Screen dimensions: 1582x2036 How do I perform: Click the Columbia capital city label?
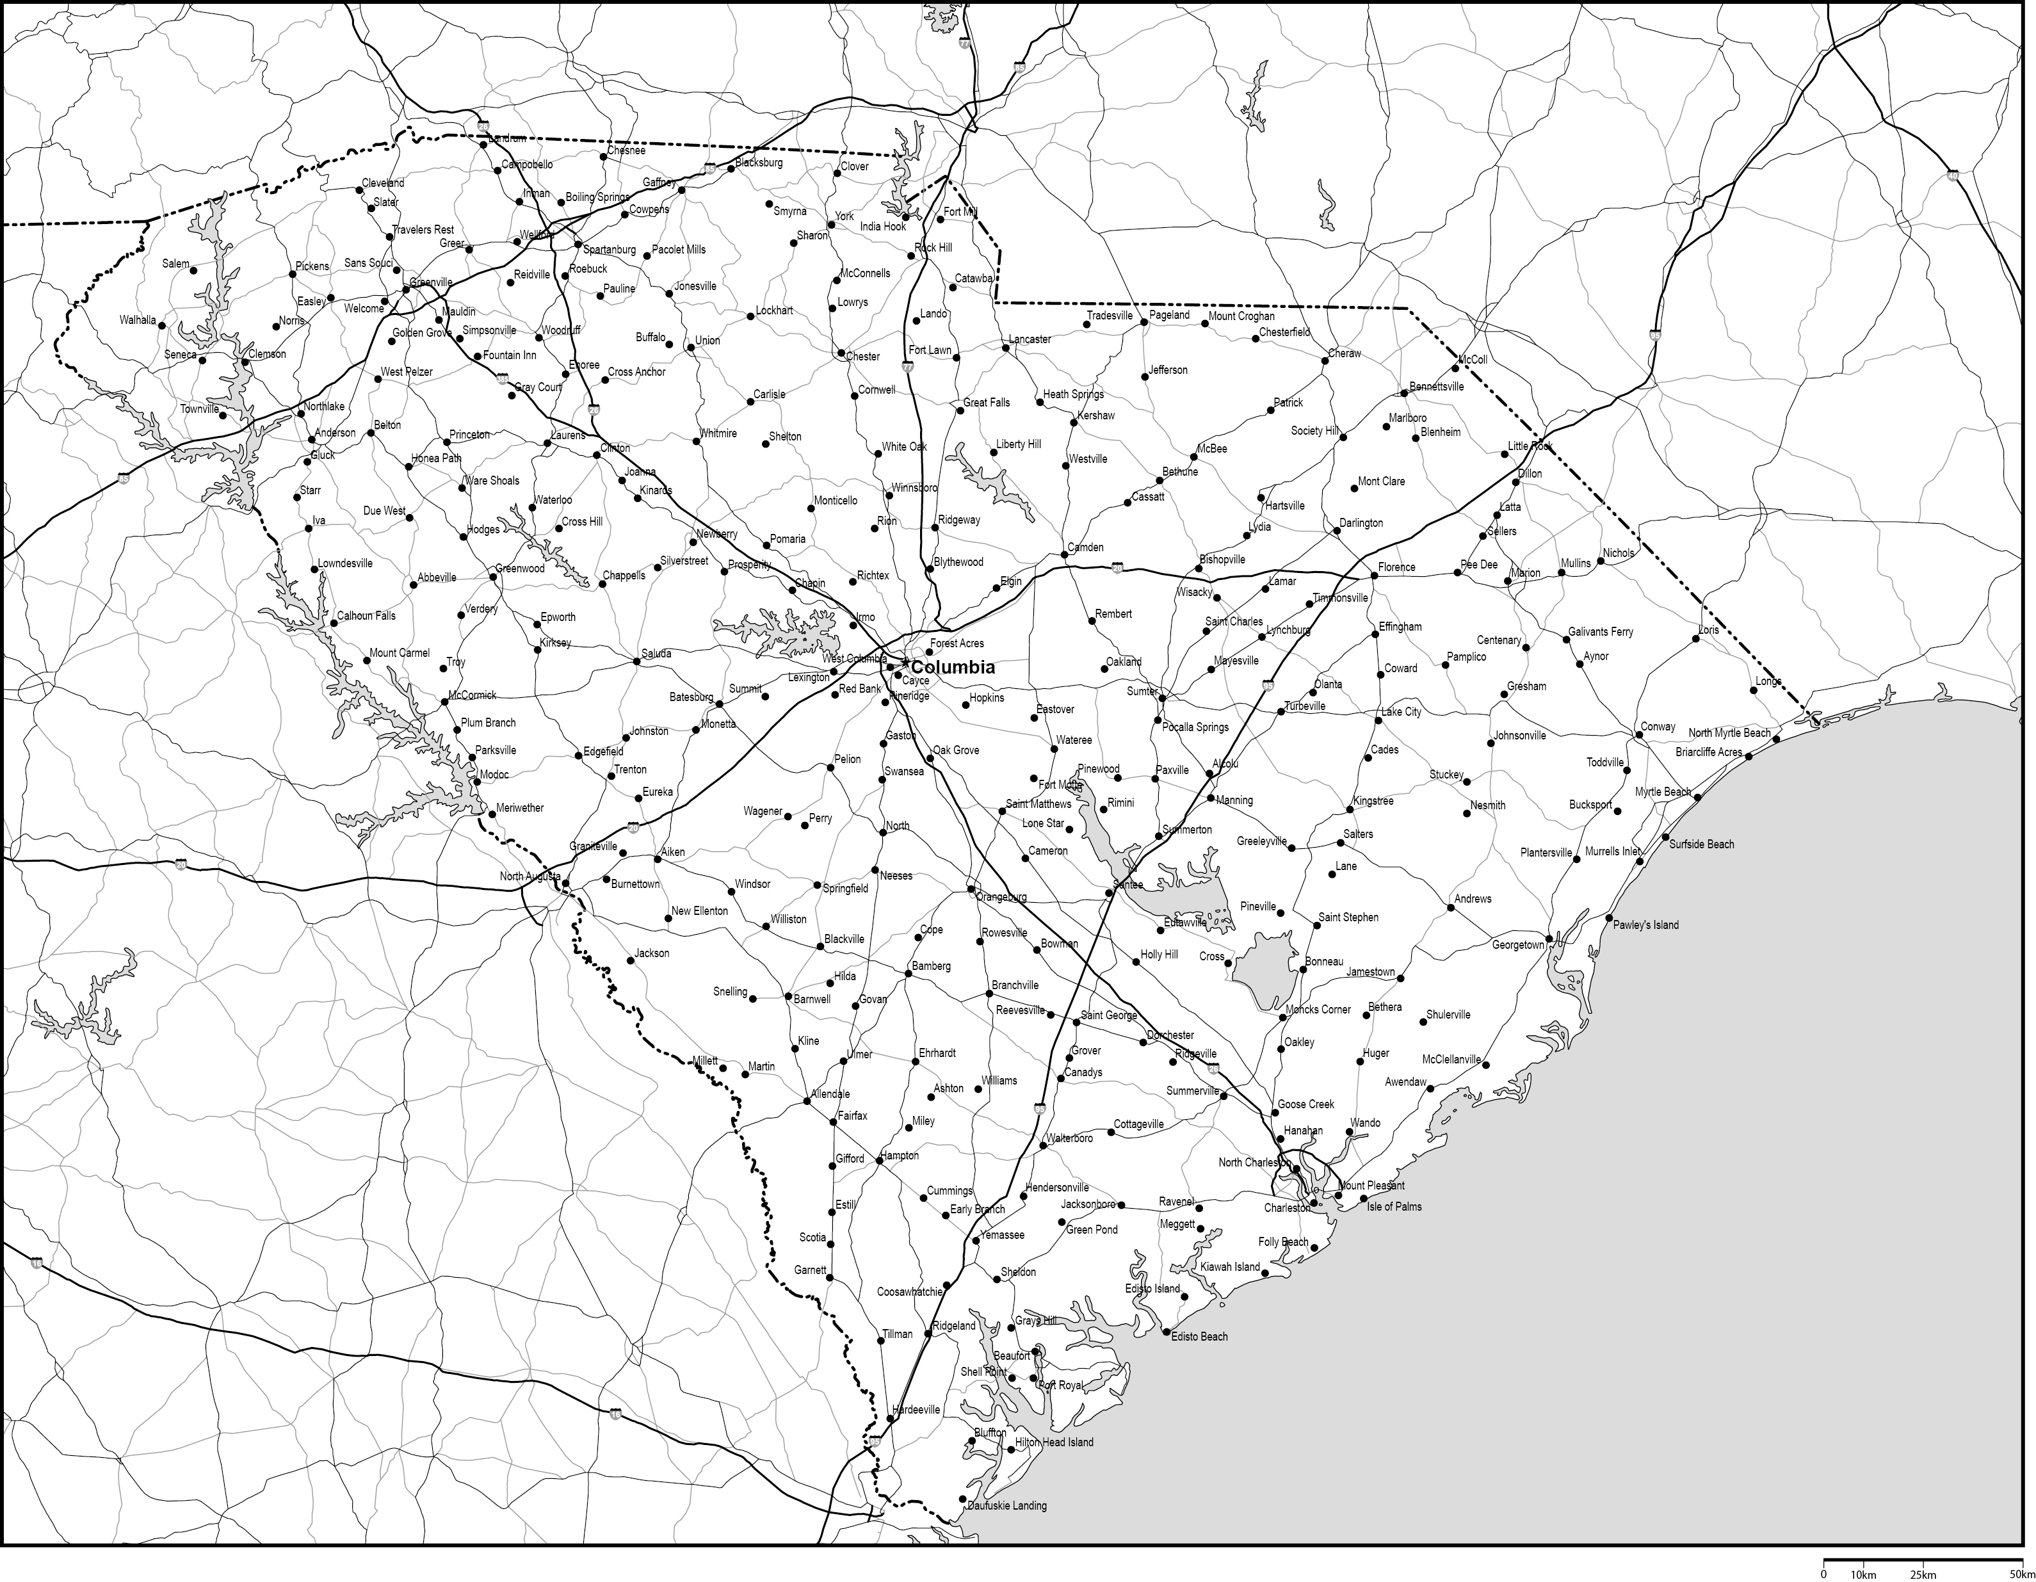click(x=952, y=668)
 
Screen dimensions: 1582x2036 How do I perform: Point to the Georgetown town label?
click(x=1517, y=945)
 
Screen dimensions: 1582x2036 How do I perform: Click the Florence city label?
click(x=1396, y=567)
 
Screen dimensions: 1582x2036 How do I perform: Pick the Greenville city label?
click(x=431, y=282)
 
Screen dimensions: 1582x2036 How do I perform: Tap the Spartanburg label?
click(x=609, y=250)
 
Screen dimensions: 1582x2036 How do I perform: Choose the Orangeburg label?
click(x=1001, y=897)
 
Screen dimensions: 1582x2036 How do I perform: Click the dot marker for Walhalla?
click(x=162, y=325)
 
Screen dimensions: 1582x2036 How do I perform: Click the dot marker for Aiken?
click(x=658, y=859)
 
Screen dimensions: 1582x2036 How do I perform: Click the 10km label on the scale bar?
click(x=1862, y=1574)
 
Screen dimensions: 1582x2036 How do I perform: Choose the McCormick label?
click(x=472, y=695)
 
